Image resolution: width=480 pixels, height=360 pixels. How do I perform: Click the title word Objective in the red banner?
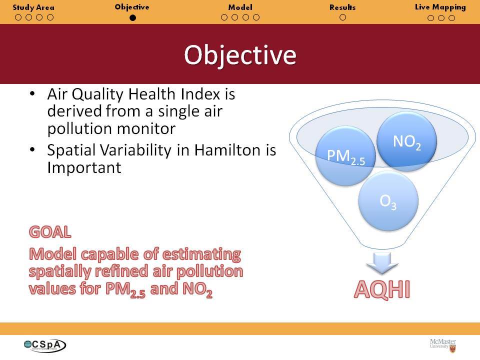(240, 55)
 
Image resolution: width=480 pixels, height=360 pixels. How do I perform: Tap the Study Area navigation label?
(33, 7)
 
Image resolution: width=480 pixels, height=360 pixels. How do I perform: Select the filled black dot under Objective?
(132, 18)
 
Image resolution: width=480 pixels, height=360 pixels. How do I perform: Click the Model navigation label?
(240, 7)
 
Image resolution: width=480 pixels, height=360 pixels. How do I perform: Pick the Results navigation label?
(342, 7)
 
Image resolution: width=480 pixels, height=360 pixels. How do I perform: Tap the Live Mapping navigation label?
(440, 7)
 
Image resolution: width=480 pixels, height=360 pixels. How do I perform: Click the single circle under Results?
(343, 17)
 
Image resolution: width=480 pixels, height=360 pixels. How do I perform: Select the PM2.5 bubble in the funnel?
(345, 156)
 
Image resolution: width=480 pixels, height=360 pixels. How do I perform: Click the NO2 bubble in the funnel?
(406, 141)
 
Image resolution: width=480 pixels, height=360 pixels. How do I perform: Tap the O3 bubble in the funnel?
(388, 201)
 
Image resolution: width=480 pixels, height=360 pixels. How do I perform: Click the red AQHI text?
(382, 289)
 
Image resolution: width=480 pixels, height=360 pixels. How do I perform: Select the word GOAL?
(50, 231)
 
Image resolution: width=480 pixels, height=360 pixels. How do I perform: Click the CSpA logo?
(45, 345)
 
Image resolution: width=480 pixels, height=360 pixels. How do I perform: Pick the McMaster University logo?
(443, 345)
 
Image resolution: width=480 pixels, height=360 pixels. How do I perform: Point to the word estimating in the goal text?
(201, 254)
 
